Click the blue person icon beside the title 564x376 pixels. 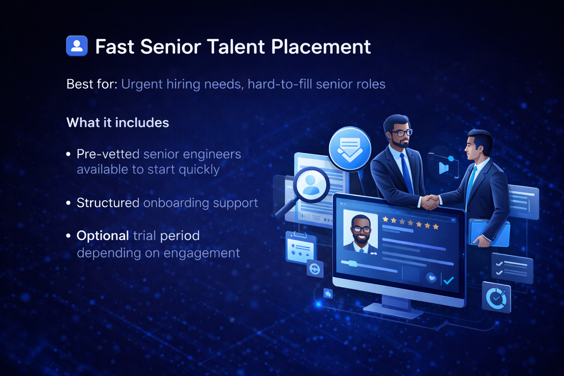pyautogui.click(x=77, y=46)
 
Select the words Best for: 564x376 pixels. pyautogui.click(x=92, y=84)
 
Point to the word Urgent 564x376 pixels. pyautogui.click(x=142, y=84)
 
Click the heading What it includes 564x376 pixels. pyautogui.click(x=117, y=123)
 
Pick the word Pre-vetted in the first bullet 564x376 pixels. pyautogui.click(x=108, y=154)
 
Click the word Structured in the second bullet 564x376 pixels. pyautogui.click(x=108, y=203)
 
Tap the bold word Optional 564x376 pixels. pyautogui.click(x=102, y=236)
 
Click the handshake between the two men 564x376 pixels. pyautogui.click(x=430, y=202)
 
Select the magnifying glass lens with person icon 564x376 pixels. pyautogui.click(x=311, y=184)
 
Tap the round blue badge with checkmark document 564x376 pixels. pyautogui.click(x=350, y=149)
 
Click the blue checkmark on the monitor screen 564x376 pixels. pyautogui.click(x=449, y=281)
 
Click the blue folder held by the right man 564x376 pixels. pyautogui.click(x=489, y=233)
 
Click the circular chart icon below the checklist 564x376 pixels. pyautogui.click(x=496, y=298)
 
